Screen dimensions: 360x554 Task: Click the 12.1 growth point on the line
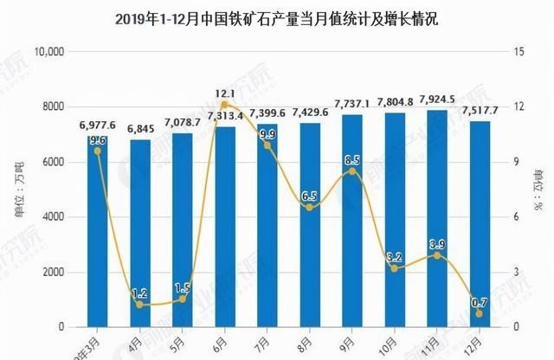224,105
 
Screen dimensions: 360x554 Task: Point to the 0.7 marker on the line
479,313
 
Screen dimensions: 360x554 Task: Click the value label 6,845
139,130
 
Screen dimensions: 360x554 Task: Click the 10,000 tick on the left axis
50,52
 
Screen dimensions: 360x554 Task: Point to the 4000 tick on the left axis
55,217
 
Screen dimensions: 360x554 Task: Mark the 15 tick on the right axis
519,52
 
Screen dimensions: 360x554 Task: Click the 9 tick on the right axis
516,162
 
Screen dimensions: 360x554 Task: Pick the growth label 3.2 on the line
394,257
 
